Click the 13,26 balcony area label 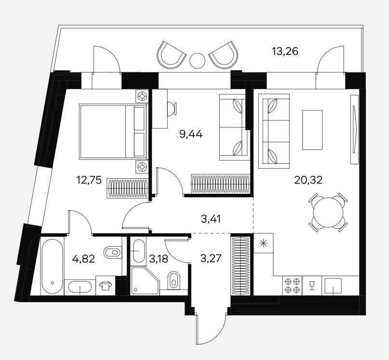[285, 52]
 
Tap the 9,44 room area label [190, 134]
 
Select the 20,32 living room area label [309, 180]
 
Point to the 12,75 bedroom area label [89, 180]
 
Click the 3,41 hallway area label [211, 219]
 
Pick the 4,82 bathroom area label [83, 259]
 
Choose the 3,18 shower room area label [159, 259]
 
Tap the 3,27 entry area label [211, 259]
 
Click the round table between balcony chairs [198, 60]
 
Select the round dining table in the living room [328, 212]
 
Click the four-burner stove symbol [292, 286]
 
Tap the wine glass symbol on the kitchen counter [312, 285]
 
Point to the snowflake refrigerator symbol [263, 243]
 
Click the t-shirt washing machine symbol [105, 286]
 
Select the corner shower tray [145, 281]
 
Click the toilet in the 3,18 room [174, 280]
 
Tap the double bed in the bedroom [113, 131]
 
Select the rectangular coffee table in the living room [312, 130]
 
